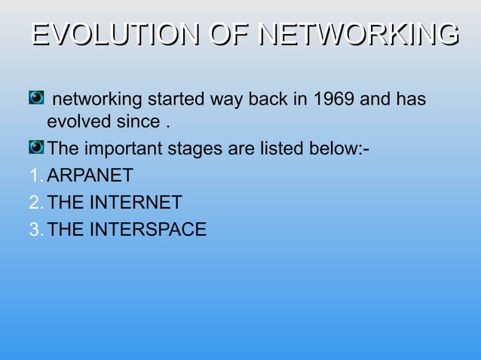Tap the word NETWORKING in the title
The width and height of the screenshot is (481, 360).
pyautogui.click(x=358, y=35)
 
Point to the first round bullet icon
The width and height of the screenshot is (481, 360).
pyautogui.click(x=36, y=98)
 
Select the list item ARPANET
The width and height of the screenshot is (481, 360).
pyautogui.click(x=90, y=176)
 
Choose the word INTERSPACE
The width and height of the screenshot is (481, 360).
pyautogui.click(x=148, y=230)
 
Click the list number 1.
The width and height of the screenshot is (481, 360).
pyautogui.click(x=35, y=176)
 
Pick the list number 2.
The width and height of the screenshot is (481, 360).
pyautogui.click(x=35, y=203)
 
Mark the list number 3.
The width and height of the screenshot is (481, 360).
pyautogui.click(x=35, y=230)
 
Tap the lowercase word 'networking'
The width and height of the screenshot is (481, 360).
pyautogui.click(x=99, y=99)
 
